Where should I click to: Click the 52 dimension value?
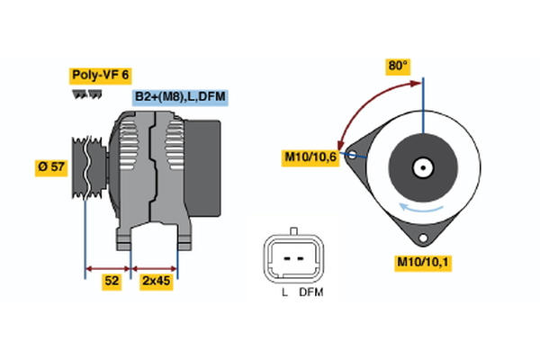tap(112, 281)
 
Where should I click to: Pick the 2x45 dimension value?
tap(156, 281)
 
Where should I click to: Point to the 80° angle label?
tap(398, 67)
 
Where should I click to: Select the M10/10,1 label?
tap(423, 263)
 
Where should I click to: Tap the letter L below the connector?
tap(283, 293)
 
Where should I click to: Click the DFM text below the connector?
tap(310, 293)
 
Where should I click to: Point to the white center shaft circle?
tap(421, 167)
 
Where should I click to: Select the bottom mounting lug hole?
tap(421, 237)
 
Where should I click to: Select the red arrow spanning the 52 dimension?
tap(108, 267)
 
